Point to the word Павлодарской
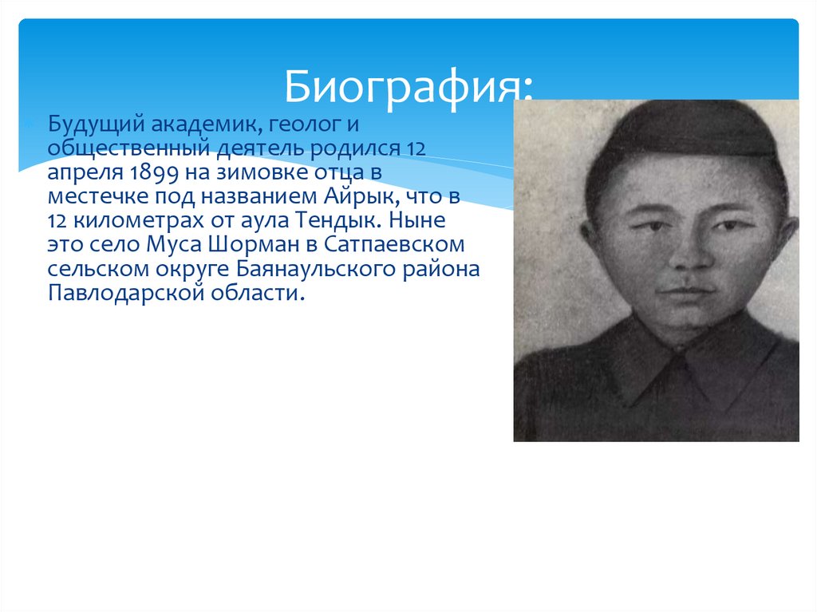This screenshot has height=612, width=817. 116,292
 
